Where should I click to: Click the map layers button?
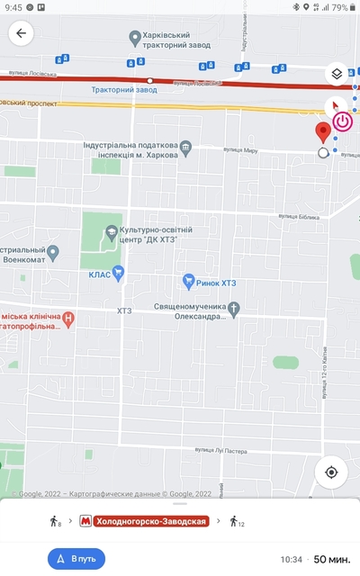(335, 74)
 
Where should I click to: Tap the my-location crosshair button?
(331, 472)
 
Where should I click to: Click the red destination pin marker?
(323, 133)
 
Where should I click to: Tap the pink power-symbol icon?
(343, 121)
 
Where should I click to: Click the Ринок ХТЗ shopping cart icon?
(188, 282)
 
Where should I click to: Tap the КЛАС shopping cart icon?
(119, 274)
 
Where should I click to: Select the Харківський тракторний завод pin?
(135, 37)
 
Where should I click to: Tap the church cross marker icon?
(234, 310)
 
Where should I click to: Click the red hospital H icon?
(69, 318)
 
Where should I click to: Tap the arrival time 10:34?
(291, 559)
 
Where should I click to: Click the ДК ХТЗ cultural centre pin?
(111, 234)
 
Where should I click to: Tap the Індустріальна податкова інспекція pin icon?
(186, 146)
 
